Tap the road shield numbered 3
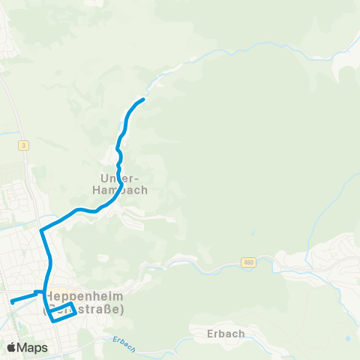click(x=25, y=145)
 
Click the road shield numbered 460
click(x=248, y=262)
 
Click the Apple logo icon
click(x=12, y=347)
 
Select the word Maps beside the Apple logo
click(x=33, y=348)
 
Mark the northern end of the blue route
click(x=142, y=100)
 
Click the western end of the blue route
click(x=12, y=302)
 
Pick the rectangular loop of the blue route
click(x=63, y=310)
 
